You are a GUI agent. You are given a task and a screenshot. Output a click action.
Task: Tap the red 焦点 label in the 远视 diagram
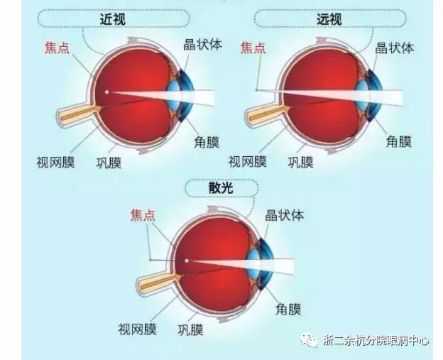pyautogui.click(x=253, y=48)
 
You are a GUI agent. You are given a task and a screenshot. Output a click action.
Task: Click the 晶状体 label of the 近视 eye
pyautogui.click(x=202, y=45)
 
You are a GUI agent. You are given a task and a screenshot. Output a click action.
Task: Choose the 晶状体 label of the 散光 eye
pyautogui.click(x=283, y=214)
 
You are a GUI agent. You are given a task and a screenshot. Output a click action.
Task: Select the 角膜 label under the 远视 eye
pyautogui.click(x=398, y=141)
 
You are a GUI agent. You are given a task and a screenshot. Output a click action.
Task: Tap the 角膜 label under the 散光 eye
pyautogui.click(x=288, y=309)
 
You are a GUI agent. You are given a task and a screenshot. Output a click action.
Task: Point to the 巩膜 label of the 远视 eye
pyautogui.click(x=302, y=162)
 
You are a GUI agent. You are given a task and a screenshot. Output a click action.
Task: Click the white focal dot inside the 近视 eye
pyautogui.click(x=106, y=92)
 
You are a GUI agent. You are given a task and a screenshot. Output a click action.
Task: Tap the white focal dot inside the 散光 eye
pyautogui.click(x=187, y=260)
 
